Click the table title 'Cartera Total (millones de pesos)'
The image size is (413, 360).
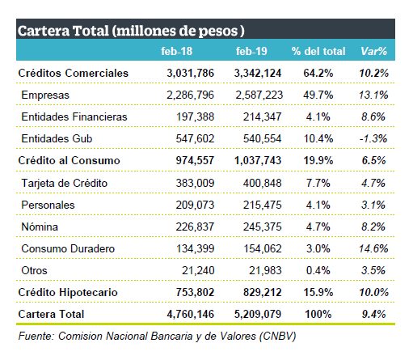[131, 31]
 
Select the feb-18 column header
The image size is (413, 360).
[177, 51]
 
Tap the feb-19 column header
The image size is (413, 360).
[251, 51]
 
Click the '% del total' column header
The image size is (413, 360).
[318, 51]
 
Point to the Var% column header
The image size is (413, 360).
[374, 51]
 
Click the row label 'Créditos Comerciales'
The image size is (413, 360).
[74, 73]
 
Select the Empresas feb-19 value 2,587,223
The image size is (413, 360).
[259, 95]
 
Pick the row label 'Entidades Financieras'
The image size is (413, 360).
[74, 116]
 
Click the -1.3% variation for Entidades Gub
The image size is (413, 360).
[373, 138]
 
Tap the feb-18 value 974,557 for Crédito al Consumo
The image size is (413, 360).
[195, 160]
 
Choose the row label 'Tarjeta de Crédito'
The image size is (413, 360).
[65, 183]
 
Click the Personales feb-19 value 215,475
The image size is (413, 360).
[263, 205]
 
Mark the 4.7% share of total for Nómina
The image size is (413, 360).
[318, 227]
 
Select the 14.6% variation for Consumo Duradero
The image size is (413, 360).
[373, 248]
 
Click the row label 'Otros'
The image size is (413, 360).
[34, 270]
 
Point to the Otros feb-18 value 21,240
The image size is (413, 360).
[198, 270]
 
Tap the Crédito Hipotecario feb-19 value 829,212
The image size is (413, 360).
[263, 292]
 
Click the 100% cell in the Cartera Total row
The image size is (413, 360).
[318, 314]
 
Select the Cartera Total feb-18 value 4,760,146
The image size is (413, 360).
[191, 314]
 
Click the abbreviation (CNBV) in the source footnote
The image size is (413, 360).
[277, 337]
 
